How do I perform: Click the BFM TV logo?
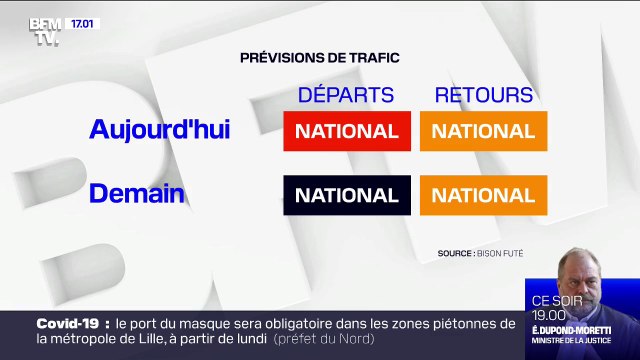(x=44, y=31)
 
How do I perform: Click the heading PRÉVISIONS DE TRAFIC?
(x=320, y=58)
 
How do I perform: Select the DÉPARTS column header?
(x=346, y=96)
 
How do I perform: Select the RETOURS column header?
(x=483, y=96)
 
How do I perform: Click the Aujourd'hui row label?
(x=159, y=130)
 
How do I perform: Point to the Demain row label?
(x=137, y=193)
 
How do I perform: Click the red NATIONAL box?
(x=347, y=131)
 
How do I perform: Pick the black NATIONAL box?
(x=347, y=194)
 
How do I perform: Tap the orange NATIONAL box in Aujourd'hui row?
(x=483, y=131)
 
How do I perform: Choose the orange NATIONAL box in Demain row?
(x=483, y=194)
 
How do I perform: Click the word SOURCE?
(x=456, y=253)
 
